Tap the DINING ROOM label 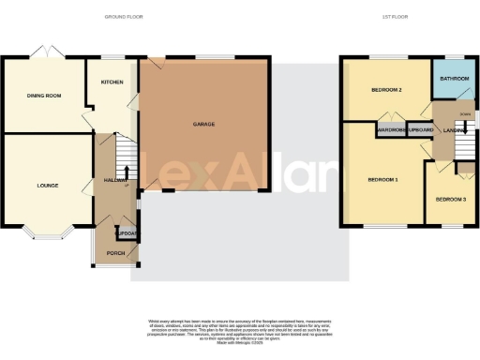[x=43, y=96]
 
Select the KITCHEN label [x=112, y=82]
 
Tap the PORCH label [x=116, y=252]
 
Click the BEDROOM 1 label [x=382, y=179]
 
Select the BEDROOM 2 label [x=387, y=91]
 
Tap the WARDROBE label [x=390, y=129]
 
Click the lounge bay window [x=46, y=232]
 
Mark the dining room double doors [x=44, y=53]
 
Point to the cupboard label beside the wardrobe [x=420, y=129]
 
